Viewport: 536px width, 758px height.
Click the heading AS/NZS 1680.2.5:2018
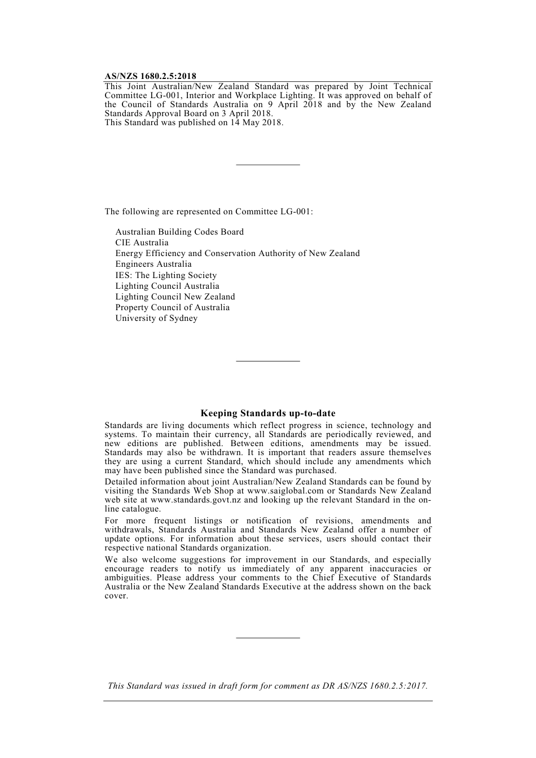[150, 76]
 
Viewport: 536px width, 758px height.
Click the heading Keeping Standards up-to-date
[268, 413]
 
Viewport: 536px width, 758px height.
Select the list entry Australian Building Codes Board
[179, 232]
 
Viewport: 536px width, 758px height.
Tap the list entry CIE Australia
[142, 243]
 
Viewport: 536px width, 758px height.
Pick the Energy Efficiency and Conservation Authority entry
[238, 253]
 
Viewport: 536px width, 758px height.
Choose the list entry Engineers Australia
[153, 264]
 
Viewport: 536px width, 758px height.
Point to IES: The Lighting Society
[166, 275]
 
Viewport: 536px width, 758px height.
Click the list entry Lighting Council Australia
[167, 286]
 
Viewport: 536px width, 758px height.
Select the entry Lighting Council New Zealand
[175, 297]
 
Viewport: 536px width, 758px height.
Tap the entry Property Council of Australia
[172, 307]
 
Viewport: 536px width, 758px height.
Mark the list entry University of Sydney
[156, 318]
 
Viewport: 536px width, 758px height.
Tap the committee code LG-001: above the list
[297, 211]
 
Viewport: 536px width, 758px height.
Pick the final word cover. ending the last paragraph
[116, 596]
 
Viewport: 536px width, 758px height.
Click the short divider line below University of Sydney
[268, 361]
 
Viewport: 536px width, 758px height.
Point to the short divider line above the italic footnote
[268, 638]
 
